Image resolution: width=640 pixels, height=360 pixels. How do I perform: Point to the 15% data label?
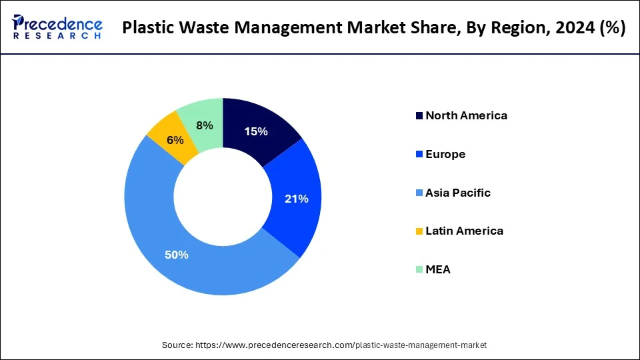coord(256,132)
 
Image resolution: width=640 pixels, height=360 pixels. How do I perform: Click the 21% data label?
coord(296,199)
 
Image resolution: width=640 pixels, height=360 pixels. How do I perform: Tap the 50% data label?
coord(177,255)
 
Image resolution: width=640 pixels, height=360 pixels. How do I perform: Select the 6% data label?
coord(175,140)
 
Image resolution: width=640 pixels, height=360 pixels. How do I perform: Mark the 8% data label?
coord(205,125)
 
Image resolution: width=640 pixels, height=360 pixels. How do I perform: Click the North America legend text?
coord(466,115)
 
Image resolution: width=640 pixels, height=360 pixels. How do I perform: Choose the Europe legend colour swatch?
coord(419,155)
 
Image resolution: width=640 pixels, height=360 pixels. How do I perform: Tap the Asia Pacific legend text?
coord(457,193)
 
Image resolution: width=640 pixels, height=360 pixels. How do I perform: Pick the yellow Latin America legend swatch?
coord(419,231)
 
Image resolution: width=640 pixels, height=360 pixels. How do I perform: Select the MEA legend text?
coord(438,269)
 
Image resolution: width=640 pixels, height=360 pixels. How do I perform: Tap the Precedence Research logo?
coord(57,28)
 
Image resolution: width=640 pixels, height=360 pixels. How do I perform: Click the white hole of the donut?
coord(223,196)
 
